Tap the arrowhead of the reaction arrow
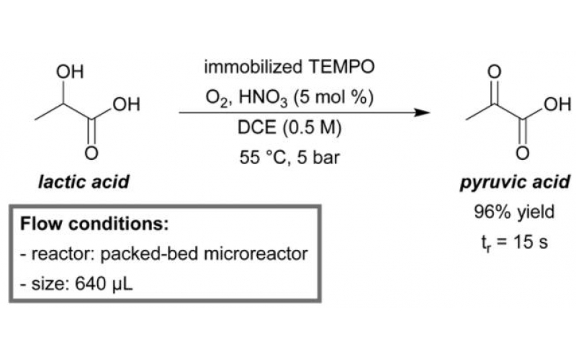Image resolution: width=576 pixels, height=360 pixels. [423, 113]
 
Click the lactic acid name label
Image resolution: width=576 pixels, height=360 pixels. [84, 181]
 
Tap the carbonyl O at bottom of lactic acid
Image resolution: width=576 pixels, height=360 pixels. [91, 153]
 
